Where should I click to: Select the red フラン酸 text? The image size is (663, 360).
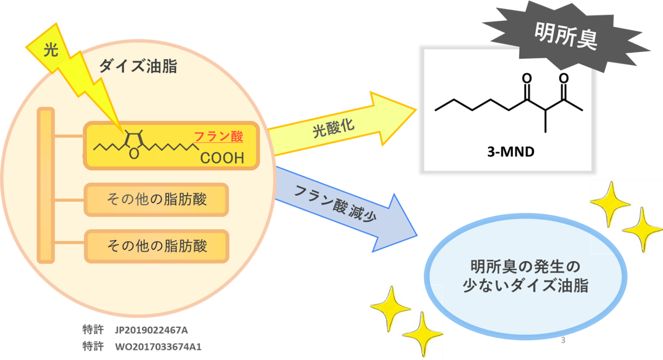click(219, 137)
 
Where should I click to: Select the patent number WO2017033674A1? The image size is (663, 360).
click(158, 347)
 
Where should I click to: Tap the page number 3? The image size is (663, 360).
click(563, 340)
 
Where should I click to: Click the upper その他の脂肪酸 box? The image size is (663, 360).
click(157, 200)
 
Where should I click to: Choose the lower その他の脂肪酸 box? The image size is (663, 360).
click(157, 246)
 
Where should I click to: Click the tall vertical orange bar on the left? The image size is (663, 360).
click(46, 185)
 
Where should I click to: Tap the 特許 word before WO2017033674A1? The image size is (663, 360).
click(92, 346)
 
